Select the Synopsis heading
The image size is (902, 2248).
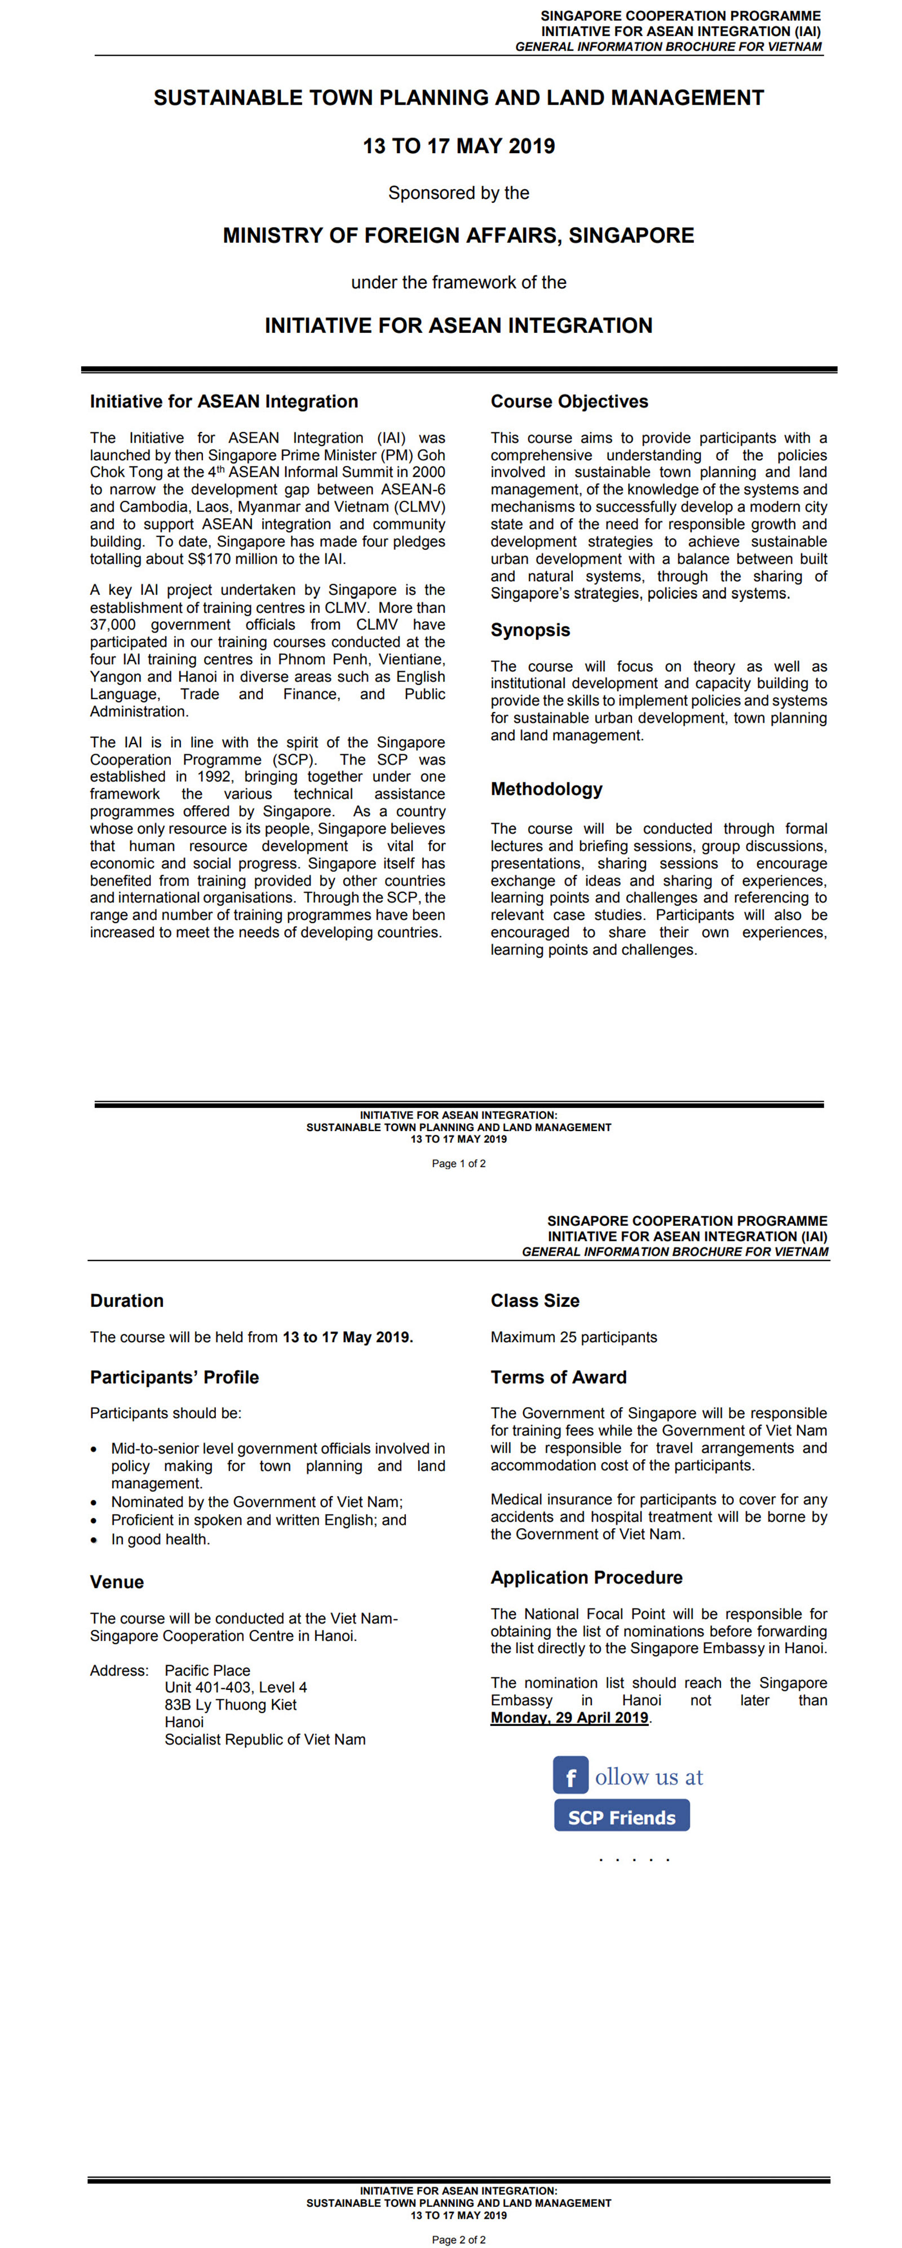point(529,630)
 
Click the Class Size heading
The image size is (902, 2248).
point(534,1300)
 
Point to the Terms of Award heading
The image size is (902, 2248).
point(558,1377)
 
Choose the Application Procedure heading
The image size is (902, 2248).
point(586,1577)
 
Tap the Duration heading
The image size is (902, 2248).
point(127,1300)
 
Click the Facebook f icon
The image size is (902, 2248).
point(570,1776)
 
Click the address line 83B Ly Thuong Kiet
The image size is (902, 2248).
point(231,1704)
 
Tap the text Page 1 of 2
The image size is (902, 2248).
point(458,1163)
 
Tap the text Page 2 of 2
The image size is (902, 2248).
point(458,2240)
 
